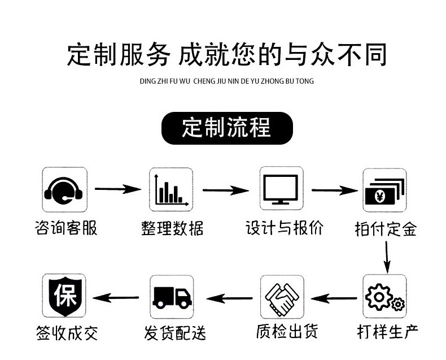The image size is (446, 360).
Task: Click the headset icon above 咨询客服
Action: pos(65,190)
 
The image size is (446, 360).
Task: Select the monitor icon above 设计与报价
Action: pos(281,190)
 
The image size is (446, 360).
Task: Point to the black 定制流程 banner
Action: pos(227,128)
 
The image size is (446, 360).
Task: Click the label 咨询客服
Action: pos(65,228)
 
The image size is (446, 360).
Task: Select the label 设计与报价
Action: pos(285,228)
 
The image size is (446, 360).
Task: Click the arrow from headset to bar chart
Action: pos(117,189)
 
